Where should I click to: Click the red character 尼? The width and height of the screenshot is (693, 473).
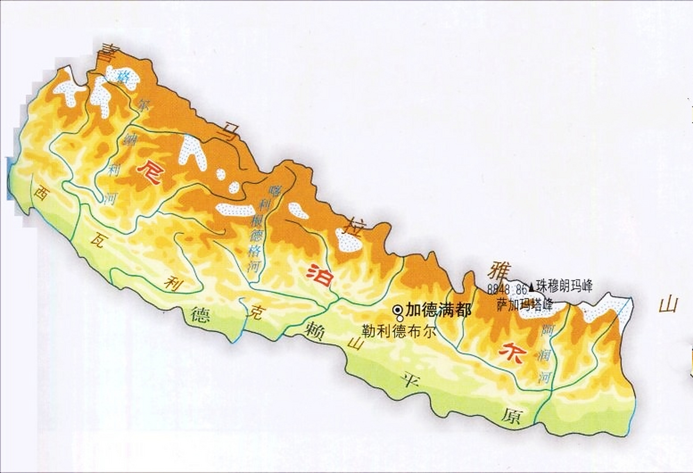(149, 172)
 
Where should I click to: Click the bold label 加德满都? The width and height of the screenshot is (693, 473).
(438, 310)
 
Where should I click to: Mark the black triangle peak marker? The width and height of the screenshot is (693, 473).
(531, 286)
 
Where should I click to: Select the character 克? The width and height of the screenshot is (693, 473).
(255, 312)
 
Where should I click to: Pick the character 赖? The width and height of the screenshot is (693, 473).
(316, 330)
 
